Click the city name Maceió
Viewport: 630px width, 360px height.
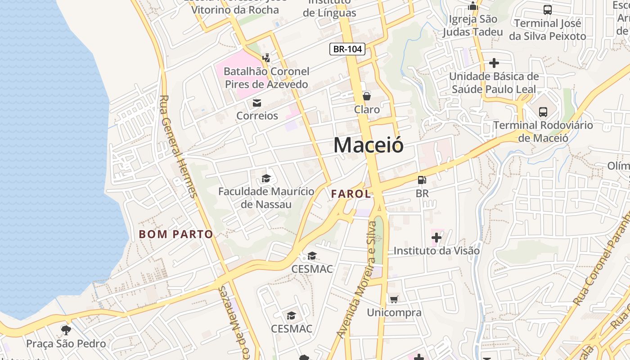368,145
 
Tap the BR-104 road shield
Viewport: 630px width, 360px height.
347,49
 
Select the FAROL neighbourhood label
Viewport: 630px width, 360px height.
351,194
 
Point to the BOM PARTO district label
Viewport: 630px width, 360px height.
176,234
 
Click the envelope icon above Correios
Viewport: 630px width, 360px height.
257,103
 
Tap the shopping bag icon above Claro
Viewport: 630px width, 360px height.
367,96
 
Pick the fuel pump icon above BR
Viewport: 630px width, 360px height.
422,180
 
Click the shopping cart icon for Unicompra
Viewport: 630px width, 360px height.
394,300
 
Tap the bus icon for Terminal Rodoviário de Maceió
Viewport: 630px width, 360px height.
543,112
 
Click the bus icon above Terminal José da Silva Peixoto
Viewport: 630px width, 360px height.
548,10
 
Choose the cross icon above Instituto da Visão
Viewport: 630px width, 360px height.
436,237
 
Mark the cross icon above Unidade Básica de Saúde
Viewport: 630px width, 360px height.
494,63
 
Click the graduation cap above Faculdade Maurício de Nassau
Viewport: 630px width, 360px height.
266,179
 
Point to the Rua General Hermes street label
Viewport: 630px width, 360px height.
178,146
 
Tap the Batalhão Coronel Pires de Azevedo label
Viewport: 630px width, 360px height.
266,78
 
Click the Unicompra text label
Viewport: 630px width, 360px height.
394,312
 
